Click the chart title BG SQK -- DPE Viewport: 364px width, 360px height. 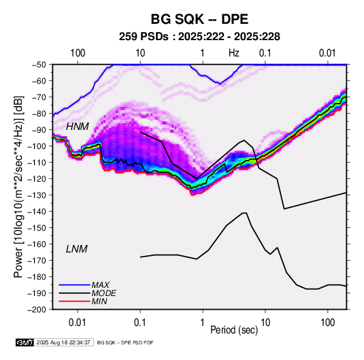[199, 19]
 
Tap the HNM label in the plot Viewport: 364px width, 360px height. [78, 127]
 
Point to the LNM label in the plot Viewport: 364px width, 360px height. [77, 249]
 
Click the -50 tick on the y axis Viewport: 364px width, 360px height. [39, 65]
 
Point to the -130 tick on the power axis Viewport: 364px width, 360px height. [37, 195]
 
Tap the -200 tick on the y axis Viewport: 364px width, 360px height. [37, 310]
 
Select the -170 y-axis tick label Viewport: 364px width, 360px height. [37, 261]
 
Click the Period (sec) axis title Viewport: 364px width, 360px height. [234, 330]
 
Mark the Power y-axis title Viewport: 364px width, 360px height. [18, 186]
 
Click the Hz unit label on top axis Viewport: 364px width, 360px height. [234, 53]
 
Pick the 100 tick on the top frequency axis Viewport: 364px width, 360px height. [78, 53]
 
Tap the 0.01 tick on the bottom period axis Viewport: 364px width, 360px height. [78, 323]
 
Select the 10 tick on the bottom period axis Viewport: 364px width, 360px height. [265, 323]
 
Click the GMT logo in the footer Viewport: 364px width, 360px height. [24, 342]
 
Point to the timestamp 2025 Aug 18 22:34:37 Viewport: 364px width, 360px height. [63, 342]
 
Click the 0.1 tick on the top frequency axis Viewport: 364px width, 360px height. [265, 53]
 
